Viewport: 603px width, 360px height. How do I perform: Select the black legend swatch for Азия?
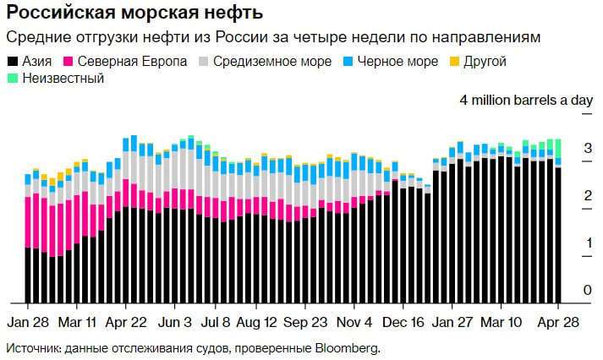[12, 62]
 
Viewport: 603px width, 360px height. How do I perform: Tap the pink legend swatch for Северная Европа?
[69, 62]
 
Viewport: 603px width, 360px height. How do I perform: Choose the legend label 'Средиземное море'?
[263, 62]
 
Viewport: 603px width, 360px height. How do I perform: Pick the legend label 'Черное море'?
[397, 62]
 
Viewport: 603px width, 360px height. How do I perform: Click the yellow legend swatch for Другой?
[454, 62]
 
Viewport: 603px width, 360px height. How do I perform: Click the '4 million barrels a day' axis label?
[526, 100]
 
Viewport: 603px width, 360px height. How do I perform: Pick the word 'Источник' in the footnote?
[32, 347]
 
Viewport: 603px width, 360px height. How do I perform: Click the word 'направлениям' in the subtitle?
[493, 39]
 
